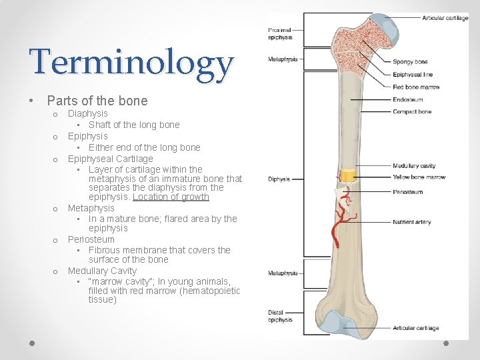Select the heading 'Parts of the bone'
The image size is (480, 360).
tap(97, 101)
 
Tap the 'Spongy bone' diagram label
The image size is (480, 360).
tap(410, 62)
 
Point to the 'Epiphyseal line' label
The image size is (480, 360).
tap(413, 75)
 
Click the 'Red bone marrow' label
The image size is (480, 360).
tap(416, 87)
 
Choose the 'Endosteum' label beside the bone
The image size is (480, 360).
tap(408, 100)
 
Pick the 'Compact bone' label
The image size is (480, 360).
tap(412, 112)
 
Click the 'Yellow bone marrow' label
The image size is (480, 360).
tap(419, 177)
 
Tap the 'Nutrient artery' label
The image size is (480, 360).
tap(412, 222)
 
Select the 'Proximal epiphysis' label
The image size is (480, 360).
tap(280, 34)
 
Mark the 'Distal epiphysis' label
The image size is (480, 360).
tap(280, 317)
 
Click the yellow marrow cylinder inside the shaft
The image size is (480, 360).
tap(348, 177)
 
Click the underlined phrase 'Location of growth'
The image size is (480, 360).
tap(171, 197)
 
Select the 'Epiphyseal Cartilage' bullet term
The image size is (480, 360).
tap(110, 159)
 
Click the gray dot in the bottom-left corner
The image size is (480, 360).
tap(32, 343)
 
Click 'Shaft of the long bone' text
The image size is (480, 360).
tap(134, 125)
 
